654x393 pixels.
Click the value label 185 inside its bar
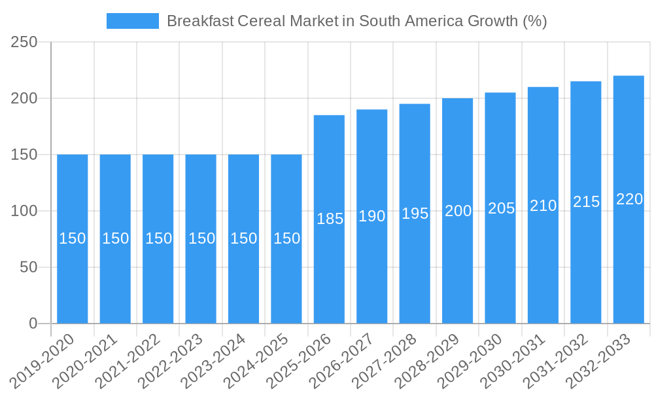point(330,219)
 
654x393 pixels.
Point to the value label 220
point(629,199)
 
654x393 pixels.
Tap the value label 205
point(501,208)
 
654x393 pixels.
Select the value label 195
point(415,214)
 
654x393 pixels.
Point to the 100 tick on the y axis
point(25,211)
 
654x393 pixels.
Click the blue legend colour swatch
point(133,21)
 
